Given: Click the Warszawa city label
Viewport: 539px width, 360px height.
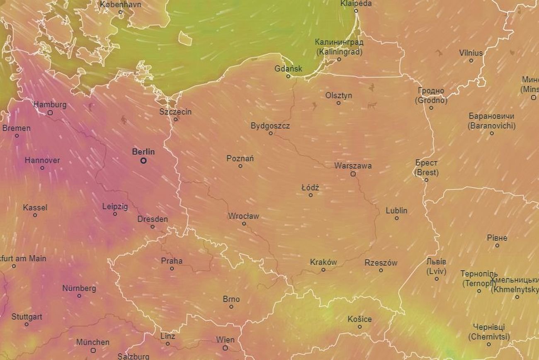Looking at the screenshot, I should (353, 166).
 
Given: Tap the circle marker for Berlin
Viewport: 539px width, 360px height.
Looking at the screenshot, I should (143, 161).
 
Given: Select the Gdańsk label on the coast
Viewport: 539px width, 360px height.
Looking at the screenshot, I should (288, 69).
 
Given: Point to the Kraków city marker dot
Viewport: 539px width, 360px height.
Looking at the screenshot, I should (323, 270).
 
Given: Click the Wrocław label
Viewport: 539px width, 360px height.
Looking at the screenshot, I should (243, 216).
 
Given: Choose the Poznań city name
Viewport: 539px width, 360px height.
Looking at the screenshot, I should (240, 158).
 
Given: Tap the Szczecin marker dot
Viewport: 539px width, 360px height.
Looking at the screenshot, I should (175, 119).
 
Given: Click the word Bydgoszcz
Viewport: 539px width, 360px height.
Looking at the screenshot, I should (270, 126).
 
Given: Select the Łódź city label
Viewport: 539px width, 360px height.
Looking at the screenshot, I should (310, 188).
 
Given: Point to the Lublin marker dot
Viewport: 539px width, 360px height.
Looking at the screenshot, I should (396, 218).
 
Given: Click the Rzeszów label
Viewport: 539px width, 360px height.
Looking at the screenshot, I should (381, 263).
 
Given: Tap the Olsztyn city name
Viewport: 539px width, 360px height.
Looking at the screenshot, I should (338, 95).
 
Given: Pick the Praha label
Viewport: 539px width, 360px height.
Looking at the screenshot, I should (172, 261).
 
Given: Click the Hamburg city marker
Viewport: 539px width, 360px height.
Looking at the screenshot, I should (50, 112).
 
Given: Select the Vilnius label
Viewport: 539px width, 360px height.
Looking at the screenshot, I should (471, 53).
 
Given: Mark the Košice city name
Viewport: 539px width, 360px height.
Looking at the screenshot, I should (359, 319).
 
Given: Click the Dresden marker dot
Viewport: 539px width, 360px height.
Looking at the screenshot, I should (153, 227).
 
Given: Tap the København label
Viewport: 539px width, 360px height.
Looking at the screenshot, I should (121, 5).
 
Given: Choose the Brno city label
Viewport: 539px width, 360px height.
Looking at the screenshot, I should (231, 299).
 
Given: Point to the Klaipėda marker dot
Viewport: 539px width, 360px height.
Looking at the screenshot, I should (356, 11).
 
